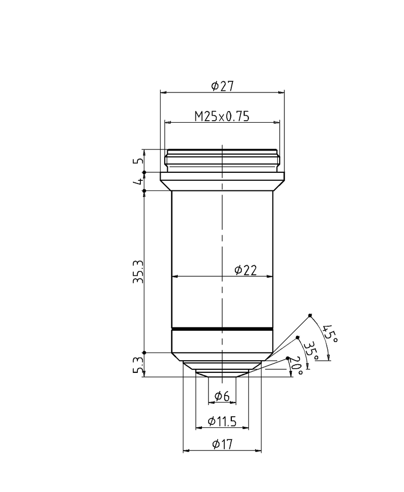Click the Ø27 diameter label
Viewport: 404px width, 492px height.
[x=222, y=86]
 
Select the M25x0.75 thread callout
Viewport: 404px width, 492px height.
[x=222, y=116]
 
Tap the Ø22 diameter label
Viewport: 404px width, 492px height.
[x=245, y=270]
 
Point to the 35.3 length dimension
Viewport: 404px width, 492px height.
[x=138, y=272]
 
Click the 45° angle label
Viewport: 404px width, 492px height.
[x=330, y=334]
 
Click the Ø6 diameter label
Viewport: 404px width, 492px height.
[x=222, y=397]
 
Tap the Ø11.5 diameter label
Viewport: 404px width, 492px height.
[x=222, y=421]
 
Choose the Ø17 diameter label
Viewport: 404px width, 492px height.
[x=222, y=445]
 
